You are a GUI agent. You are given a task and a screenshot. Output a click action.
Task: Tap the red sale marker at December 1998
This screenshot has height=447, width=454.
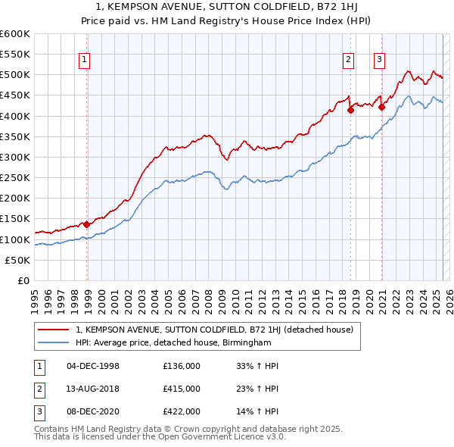point(87,224)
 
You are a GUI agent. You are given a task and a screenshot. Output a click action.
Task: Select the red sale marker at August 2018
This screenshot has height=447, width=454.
point(351,110)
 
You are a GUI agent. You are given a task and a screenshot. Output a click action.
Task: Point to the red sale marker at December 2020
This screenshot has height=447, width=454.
point(382,107)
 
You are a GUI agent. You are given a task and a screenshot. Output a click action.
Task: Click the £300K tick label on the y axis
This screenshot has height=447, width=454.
point(15,157)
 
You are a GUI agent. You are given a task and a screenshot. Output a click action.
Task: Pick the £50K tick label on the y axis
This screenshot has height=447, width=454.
point(18,260)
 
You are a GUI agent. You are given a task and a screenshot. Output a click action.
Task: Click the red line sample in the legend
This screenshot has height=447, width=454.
point(54,330)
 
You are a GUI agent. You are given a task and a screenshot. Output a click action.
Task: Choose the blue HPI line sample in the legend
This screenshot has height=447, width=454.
point(54,342)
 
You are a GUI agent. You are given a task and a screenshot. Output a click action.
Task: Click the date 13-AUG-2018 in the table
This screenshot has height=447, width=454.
point(93,389)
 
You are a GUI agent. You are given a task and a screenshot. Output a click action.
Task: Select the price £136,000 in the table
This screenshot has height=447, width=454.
point(182,366)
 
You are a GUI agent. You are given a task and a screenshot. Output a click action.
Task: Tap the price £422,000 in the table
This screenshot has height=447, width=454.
point(182,411)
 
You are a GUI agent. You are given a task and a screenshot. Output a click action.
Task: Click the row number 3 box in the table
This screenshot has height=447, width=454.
point(37,411)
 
